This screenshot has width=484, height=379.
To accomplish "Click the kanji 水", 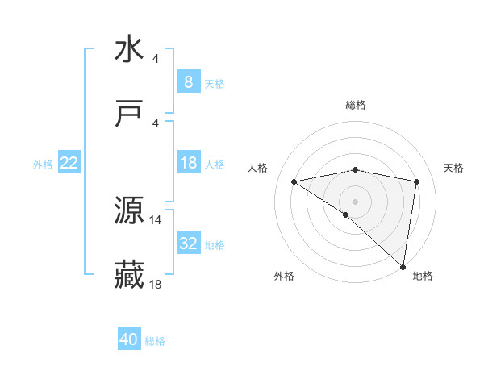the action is pos(129,49).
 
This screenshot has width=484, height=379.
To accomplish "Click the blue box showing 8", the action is pos(188,82).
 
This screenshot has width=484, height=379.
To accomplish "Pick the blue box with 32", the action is pos(188,244).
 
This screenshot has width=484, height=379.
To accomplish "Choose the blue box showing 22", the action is pos(69,163).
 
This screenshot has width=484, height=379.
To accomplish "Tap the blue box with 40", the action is pos(129,339).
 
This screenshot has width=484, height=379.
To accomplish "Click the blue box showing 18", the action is pos(188,163).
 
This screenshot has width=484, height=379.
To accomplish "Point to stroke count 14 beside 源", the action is pos(156,219).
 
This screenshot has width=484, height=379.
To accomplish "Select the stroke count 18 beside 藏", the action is pos(156,285).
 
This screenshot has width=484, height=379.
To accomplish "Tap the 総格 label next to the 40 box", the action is pos(155,341).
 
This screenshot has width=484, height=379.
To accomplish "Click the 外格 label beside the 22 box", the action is pos(43,165).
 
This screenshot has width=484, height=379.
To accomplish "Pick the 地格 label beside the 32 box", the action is pos(215,245).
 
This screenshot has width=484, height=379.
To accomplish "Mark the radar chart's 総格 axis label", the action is pos(356,105).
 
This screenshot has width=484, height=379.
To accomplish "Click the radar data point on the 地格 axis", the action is pos(403,266).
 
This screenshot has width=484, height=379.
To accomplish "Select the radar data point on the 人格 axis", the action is pos(294,181).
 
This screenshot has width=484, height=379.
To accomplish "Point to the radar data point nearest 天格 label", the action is pos(417,181).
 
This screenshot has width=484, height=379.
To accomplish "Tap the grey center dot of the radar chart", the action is pos(356,201).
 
